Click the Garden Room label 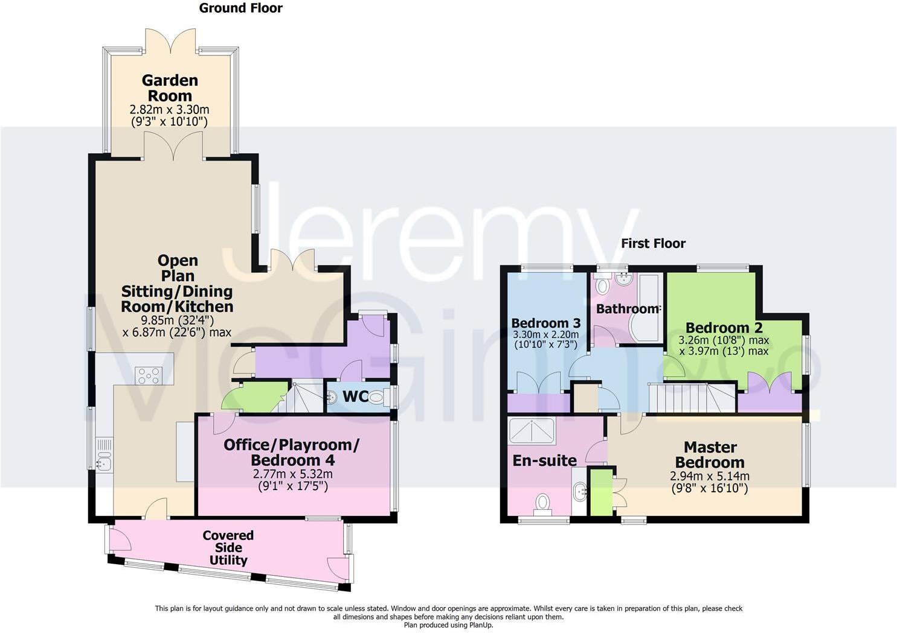tap(170, 88)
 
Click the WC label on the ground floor tap(355, 397)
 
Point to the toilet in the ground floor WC tap(376, 398)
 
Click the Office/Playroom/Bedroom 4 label tap(291, 452)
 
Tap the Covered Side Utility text tap(228, 547)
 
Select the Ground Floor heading tap(240, 8)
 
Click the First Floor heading tap(653, 243)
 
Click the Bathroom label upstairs tap(627, 308)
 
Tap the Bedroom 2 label tap(724, 328)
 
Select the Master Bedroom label tap(710, 455)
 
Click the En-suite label tap(544, 460)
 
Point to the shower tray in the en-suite tap(532, 431)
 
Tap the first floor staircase tap(692, 398)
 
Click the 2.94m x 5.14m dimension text tap(710, 476)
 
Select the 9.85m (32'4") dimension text tap(177, 320)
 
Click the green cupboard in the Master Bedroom tap(600, 492)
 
